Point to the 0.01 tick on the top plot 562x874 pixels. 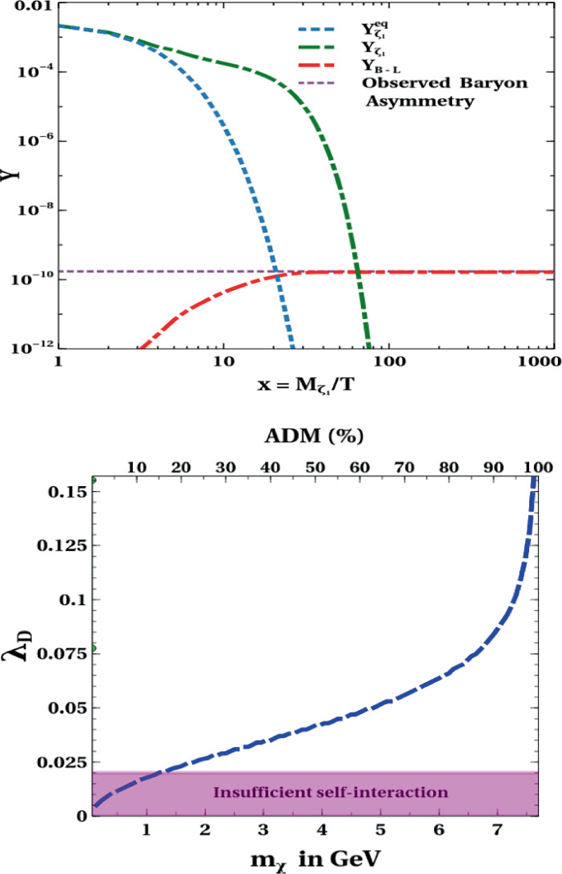pos(30,7)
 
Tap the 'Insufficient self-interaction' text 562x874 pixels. pos(331,793)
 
